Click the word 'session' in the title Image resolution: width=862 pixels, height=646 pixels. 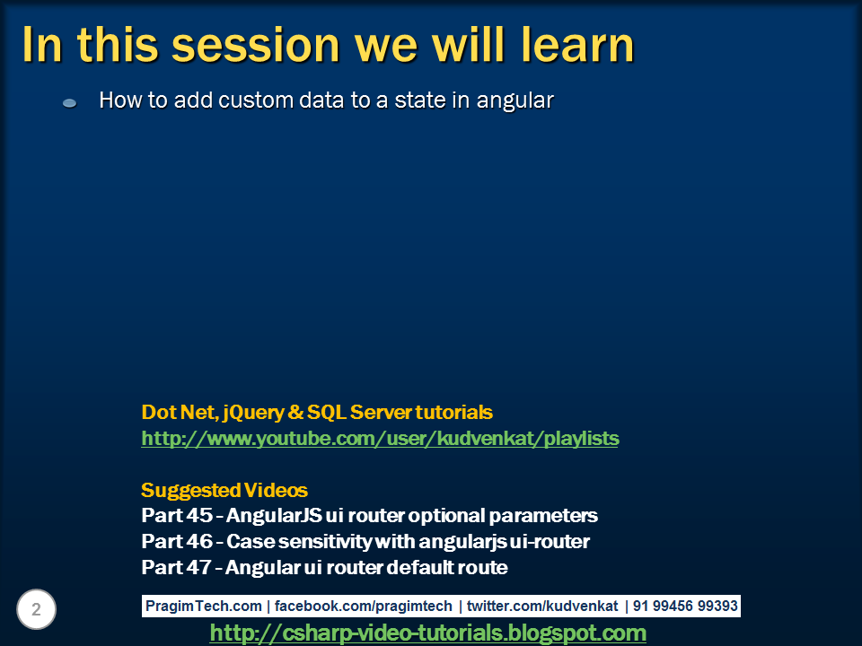point(256,45)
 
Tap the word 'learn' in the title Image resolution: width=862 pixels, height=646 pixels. point(577,45)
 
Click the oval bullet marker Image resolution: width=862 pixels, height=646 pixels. point(70,102)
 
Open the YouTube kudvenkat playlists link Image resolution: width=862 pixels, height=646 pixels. point(380,439)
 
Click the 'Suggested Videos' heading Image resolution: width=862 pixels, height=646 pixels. point(224,490)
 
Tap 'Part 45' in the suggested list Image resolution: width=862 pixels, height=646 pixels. point(177,515)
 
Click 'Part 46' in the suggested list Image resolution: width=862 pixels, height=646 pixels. point(177,542)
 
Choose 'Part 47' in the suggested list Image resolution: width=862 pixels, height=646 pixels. point(176,567)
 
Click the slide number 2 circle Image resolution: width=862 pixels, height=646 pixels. point(36,609)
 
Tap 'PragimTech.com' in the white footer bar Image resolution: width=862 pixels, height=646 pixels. point(204,606)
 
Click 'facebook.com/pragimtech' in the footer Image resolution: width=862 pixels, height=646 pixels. point(364,606)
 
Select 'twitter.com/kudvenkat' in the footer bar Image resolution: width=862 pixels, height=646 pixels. point(542,606)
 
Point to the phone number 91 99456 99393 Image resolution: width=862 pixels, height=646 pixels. point(685,606)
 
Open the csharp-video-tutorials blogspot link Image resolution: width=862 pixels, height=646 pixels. point(427,633)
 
